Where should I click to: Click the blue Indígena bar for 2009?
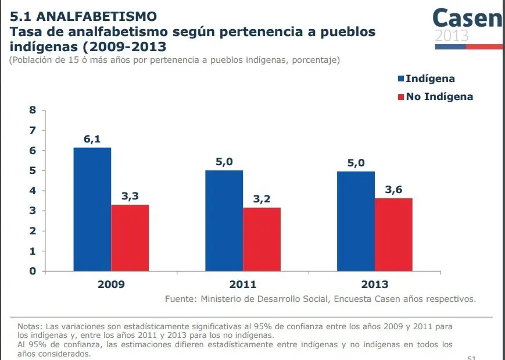[92, 209]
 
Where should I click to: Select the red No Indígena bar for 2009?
[130, 237]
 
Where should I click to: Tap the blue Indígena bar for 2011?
[224, 220]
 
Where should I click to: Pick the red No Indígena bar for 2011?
[262, 239]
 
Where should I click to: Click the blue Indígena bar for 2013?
[356, 221]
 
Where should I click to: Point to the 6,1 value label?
[92, 140]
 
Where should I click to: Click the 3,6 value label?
[393, 190]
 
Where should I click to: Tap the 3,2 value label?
[262, 199]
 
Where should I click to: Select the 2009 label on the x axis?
[110, 284]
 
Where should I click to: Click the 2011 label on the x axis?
[242, 284]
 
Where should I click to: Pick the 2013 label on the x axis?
[374, 284]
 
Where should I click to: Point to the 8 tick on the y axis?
[33, 111]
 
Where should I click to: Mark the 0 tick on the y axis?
[33, 271]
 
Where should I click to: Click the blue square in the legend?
[400, 79]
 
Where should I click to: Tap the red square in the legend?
[400, 97]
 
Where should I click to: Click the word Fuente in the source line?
[179, 300]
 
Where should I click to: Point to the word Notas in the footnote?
[29, 326]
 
